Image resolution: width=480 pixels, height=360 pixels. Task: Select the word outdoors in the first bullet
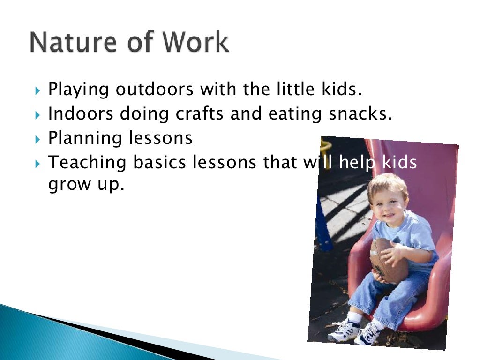(x=154, y=89)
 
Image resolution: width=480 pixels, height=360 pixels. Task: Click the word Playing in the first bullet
(x=79, y=89)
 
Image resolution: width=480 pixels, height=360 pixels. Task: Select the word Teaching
(x=88, y=163)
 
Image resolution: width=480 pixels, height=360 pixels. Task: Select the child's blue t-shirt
(x=412, y=234)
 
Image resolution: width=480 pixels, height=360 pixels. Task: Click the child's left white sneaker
(x=343, y=330)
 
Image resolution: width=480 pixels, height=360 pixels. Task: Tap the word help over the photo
(x=358, y=163)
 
